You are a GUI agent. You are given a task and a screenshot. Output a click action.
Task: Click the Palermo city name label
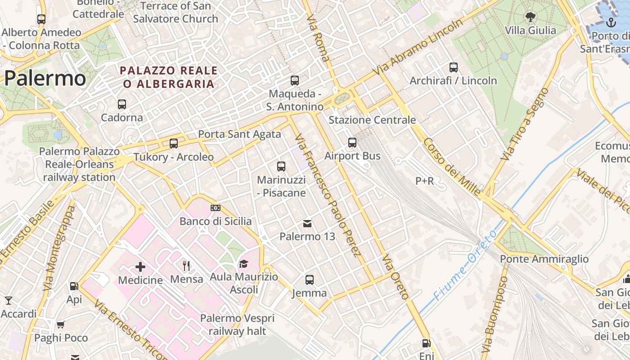point(45,79)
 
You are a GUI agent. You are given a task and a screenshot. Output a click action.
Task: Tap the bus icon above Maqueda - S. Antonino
point(295,81)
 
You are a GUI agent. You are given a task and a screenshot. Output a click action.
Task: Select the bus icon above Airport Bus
point(352,143)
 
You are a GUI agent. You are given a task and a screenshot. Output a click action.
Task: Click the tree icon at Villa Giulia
point(531,17)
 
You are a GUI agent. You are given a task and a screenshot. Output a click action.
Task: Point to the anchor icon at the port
point(611,22)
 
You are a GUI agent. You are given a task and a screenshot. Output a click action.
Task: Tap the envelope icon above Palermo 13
point(307,223)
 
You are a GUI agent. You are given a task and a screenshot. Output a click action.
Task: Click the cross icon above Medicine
point(140,267)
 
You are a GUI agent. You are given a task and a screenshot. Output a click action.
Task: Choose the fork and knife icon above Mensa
point(186,266)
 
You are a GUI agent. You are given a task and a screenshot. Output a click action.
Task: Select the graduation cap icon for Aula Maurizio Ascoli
point(243,264)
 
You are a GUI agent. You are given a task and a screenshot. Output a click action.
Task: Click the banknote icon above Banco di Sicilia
point(216,208)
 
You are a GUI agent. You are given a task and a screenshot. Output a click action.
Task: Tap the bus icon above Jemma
point(310,279)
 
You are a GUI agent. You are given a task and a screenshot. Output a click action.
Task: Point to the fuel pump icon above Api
point(74,286)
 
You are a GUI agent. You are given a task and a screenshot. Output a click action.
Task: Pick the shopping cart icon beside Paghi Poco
point(61,324)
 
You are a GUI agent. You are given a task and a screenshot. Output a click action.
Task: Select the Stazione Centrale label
point(372,120)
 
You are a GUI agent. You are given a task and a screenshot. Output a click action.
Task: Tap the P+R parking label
point(424,181)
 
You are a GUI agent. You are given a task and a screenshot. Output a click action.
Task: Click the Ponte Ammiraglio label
point(544,259)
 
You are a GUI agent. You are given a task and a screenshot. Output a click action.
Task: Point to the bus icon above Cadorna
point(121,104)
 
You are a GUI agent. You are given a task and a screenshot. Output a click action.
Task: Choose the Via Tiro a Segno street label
point(525,124)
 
